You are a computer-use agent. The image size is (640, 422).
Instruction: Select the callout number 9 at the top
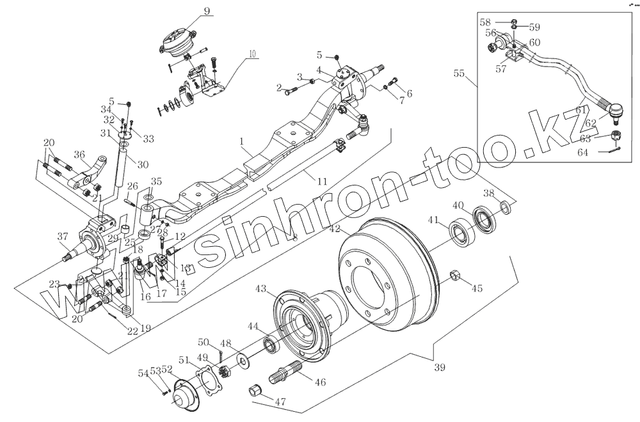189,10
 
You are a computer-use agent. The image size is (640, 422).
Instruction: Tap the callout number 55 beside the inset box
459,74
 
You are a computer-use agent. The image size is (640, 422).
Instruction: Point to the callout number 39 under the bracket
439,367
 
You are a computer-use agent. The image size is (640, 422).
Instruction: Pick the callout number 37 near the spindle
62,237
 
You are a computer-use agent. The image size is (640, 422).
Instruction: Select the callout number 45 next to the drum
476,288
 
